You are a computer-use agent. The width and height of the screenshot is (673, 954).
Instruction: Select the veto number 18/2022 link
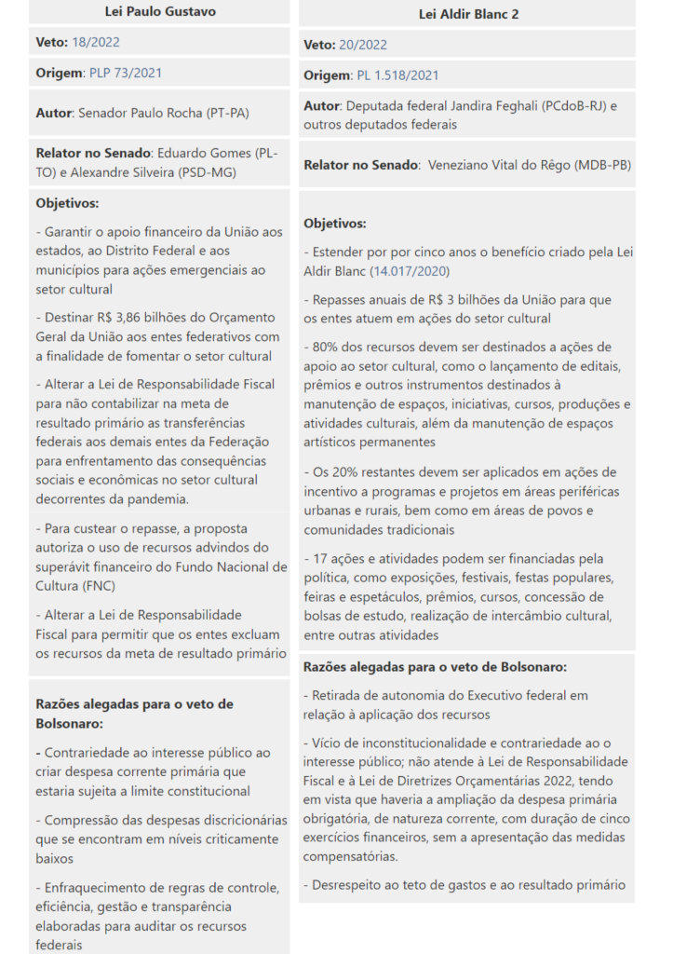point(97,42)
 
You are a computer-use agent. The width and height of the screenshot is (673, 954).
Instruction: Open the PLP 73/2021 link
point(118,73)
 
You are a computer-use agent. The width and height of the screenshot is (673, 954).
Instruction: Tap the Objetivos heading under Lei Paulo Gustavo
point(67,203)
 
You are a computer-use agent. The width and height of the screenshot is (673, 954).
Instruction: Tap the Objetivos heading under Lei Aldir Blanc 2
point(335,224)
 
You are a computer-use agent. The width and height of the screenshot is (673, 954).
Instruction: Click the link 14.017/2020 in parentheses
point(411,271)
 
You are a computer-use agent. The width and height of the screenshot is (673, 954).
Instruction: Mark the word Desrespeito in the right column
point(350,885)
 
